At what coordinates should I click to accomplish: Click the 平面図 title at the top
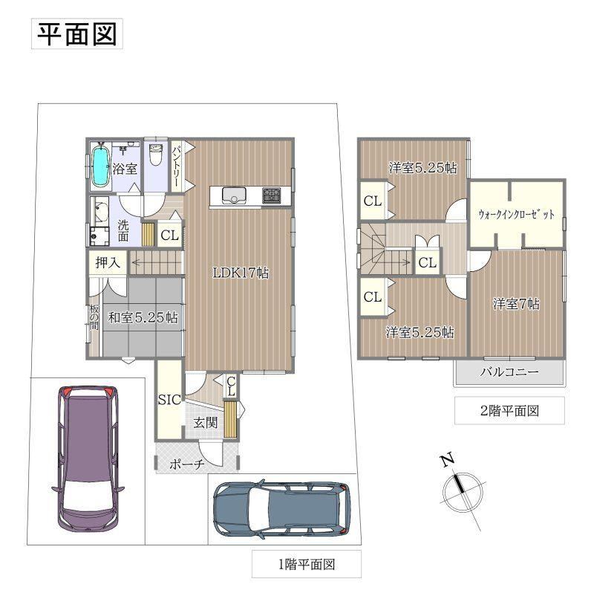click(77, 33)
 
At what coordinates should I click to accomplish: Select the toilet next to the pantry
click(155, 155)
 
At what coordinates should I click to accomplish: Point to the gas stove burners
click(272, 195)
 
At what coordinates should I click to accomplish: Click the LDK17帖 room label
click(241, 273)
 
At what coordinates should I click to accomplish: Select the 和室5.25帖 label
click(143, 317)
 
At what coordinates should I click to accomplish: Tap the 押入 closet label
click(107, 262)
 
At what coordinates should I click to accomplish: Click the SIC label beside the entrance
click(169, 400)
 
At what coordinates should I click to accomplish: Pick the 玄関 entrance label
click(206, 422)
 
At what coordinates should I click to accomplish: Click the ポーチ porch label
click(187, 464)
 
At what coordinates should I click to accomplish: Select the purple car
click(88, 459)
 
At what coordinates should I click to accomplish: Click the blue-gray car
click(282, 508)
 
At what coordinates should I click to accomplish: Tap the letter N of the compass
click(448, 459)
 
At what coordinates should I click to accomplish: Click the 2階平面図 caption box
click(509, 411)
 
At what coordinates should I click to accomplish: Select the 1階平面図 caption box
click(307, 564)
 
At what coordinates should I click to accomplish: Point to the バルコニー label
click(509, 372)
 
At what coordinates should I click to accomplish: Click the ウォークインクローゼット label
click(516, 214)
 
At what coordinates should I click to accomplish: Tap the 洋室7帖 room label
click(516, 304)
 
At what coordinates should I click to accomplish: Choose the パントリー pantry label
click(177, 166)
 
